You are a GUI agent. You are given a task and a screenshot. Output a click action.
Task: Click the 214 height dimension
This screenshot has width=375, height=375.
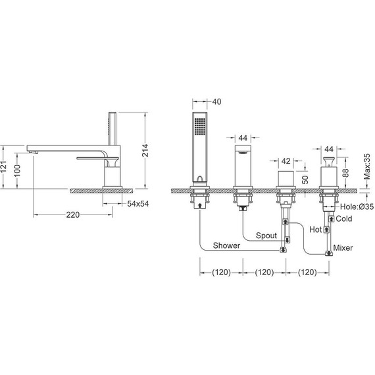tap(145, 150)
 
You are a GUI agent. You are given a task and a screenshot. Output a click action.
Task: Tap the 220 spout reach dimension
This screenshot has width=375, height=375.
tap(73, 214)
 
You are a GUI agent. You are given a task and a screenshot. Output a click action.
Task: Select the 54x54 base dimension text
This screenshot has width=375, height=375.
tap(138, 204)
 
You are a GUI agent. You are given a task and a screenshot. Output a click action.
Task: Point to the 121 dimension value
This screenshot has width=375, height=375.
tap(3, 166)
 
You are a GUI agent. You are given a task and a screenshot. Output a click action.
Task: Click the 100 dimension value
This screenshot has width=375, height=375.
tap(18, 170)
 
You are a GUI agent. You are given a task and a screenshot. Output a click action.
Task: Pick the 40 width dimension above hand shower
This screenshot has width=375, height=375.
tap(216, 101)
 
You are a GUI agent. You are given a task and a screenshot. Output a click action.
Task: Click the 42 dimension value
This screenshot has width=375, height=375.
tap(286, 161)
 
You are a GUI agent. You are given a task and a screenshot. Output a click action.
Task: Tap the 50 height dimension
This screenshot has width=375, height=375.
tap(305, 180)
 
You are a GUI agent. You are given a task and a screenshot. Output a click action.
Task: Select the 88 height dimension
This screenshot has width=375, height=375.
tap(346, 172)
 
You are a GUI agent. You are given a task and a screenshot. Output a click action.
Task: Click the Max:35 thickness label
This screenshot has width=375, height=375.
tap(367, 166)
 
